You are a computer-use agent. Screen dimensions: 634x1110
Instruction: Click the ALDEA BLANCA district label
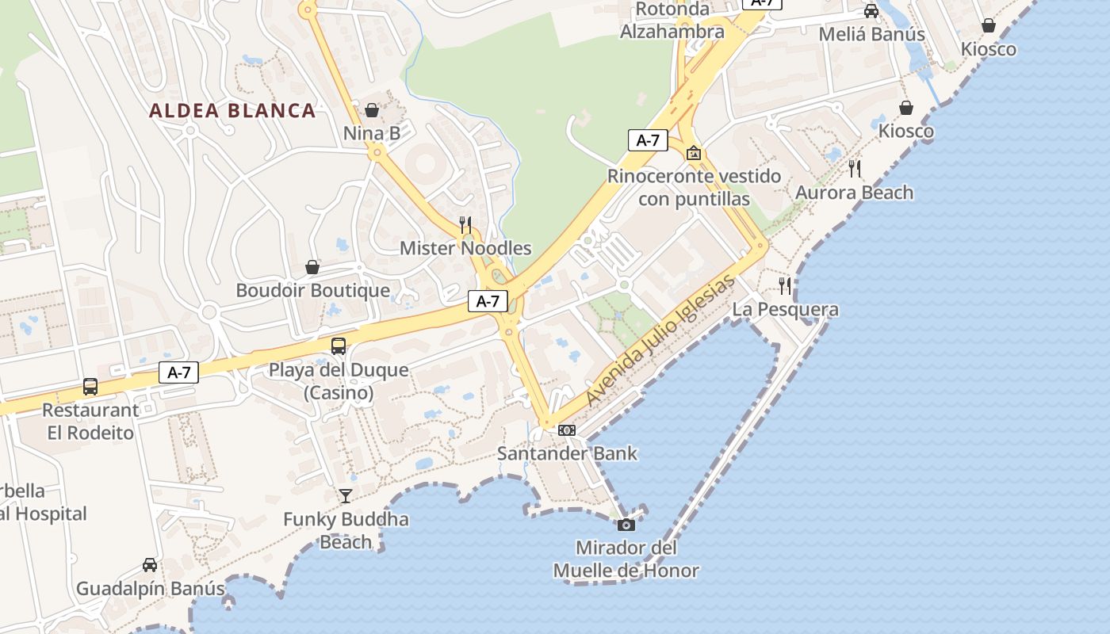232,111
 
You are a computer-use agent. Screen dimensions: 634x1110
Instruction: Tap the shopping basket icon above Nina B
372,110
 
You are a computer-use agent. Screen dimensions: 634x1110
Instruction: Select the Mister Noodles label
465,248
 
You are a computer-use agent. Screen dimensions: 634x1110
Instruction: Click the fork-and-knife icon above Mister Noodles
465,225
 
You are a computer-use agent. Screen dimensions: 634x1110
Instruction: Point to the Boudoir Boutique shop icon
312,267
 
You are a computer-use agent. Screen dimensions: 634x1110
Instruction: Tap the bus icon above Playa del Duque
339,346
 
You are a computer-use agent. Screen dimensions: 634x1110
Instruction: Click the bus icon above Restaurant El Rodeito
90,387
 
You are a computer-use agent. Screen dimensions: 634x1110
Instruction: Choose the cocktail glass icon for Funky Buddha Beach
346,496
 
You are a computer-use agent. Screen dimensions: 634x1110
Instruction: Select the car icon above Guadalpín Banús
150,565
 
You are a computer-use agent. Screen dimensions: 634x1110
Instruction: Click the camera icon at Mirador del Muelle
626,525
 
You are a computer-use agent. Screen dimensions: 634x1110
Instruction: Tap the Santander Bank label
567,453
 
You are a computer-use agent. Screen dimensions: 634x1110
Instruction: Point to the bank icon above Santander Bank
567,430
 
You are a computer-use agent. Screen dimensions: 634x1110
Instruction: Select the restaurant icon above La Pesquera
785,286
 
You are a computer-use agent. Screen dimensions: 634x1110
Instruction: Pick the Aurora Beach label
854,193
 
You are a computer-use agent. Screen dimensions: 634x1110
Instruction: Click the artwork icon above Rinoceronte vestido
694,153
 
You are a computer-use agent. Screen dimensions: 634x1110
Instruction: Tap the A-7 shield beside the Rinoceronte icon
648,140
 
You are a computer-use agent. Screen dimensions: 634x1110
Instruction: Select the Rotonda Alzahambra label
672,21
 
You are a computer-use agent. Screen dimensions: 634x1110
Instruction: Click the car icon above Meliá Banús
871,11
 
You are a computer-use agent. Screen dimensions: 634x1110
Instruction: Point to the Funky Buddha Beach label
346,531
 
